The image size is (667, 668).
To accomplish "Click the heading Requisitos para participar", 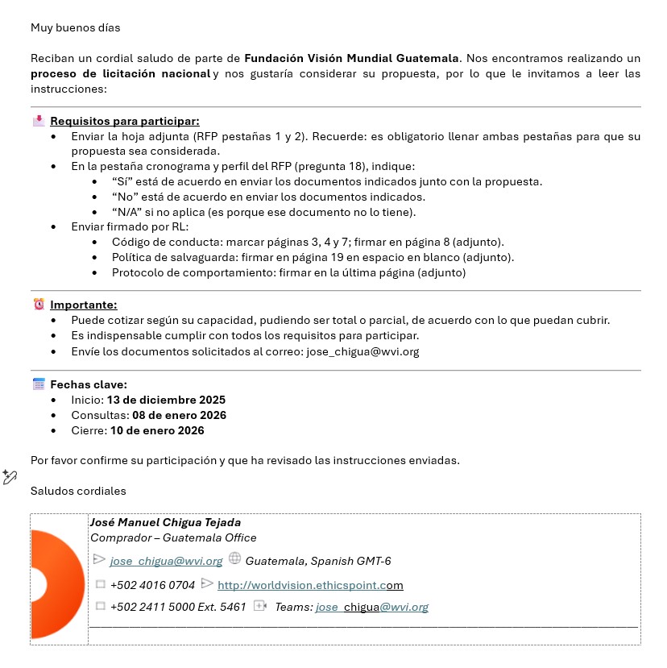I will pos(125,121).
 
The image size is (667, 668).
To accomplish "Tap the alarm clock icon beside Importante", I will pos(39,305).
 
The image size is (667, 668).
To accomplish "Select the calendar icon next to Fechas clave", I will pos(39,384).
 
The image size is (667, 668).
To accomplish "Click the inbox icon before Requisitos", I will pos(39,121).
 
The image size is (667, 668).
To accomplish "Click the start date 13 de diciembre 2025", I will pos(166,400).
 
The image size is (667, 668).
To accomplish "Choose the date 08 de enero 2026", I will pos(179,415).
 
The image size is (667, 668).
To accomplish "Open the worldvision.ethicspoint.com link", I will pos(310,585).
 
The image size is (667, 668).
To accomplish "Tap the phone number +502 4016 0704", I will pos(152,585).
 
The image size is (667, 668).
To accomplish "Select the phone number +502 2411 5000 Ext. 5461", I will pos(178,607).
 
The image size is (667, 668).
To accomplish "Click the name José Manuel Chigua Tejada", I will pos(165,522).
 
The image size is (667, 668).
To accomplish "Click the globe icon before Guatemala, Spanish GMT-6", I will pos(235,558).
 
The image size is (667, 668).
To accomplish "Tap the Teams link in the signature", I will pos(371,607).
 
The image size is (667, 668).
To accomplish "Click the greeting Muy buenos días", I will pos(75,27).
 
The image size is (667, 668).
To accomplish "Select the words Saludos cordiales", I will pos(78,491).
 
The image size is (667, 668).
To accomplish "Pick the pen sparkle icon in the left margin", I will pos(10,477).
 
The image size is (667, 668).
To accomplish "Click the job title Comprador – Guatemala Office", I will pos(173,537).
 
